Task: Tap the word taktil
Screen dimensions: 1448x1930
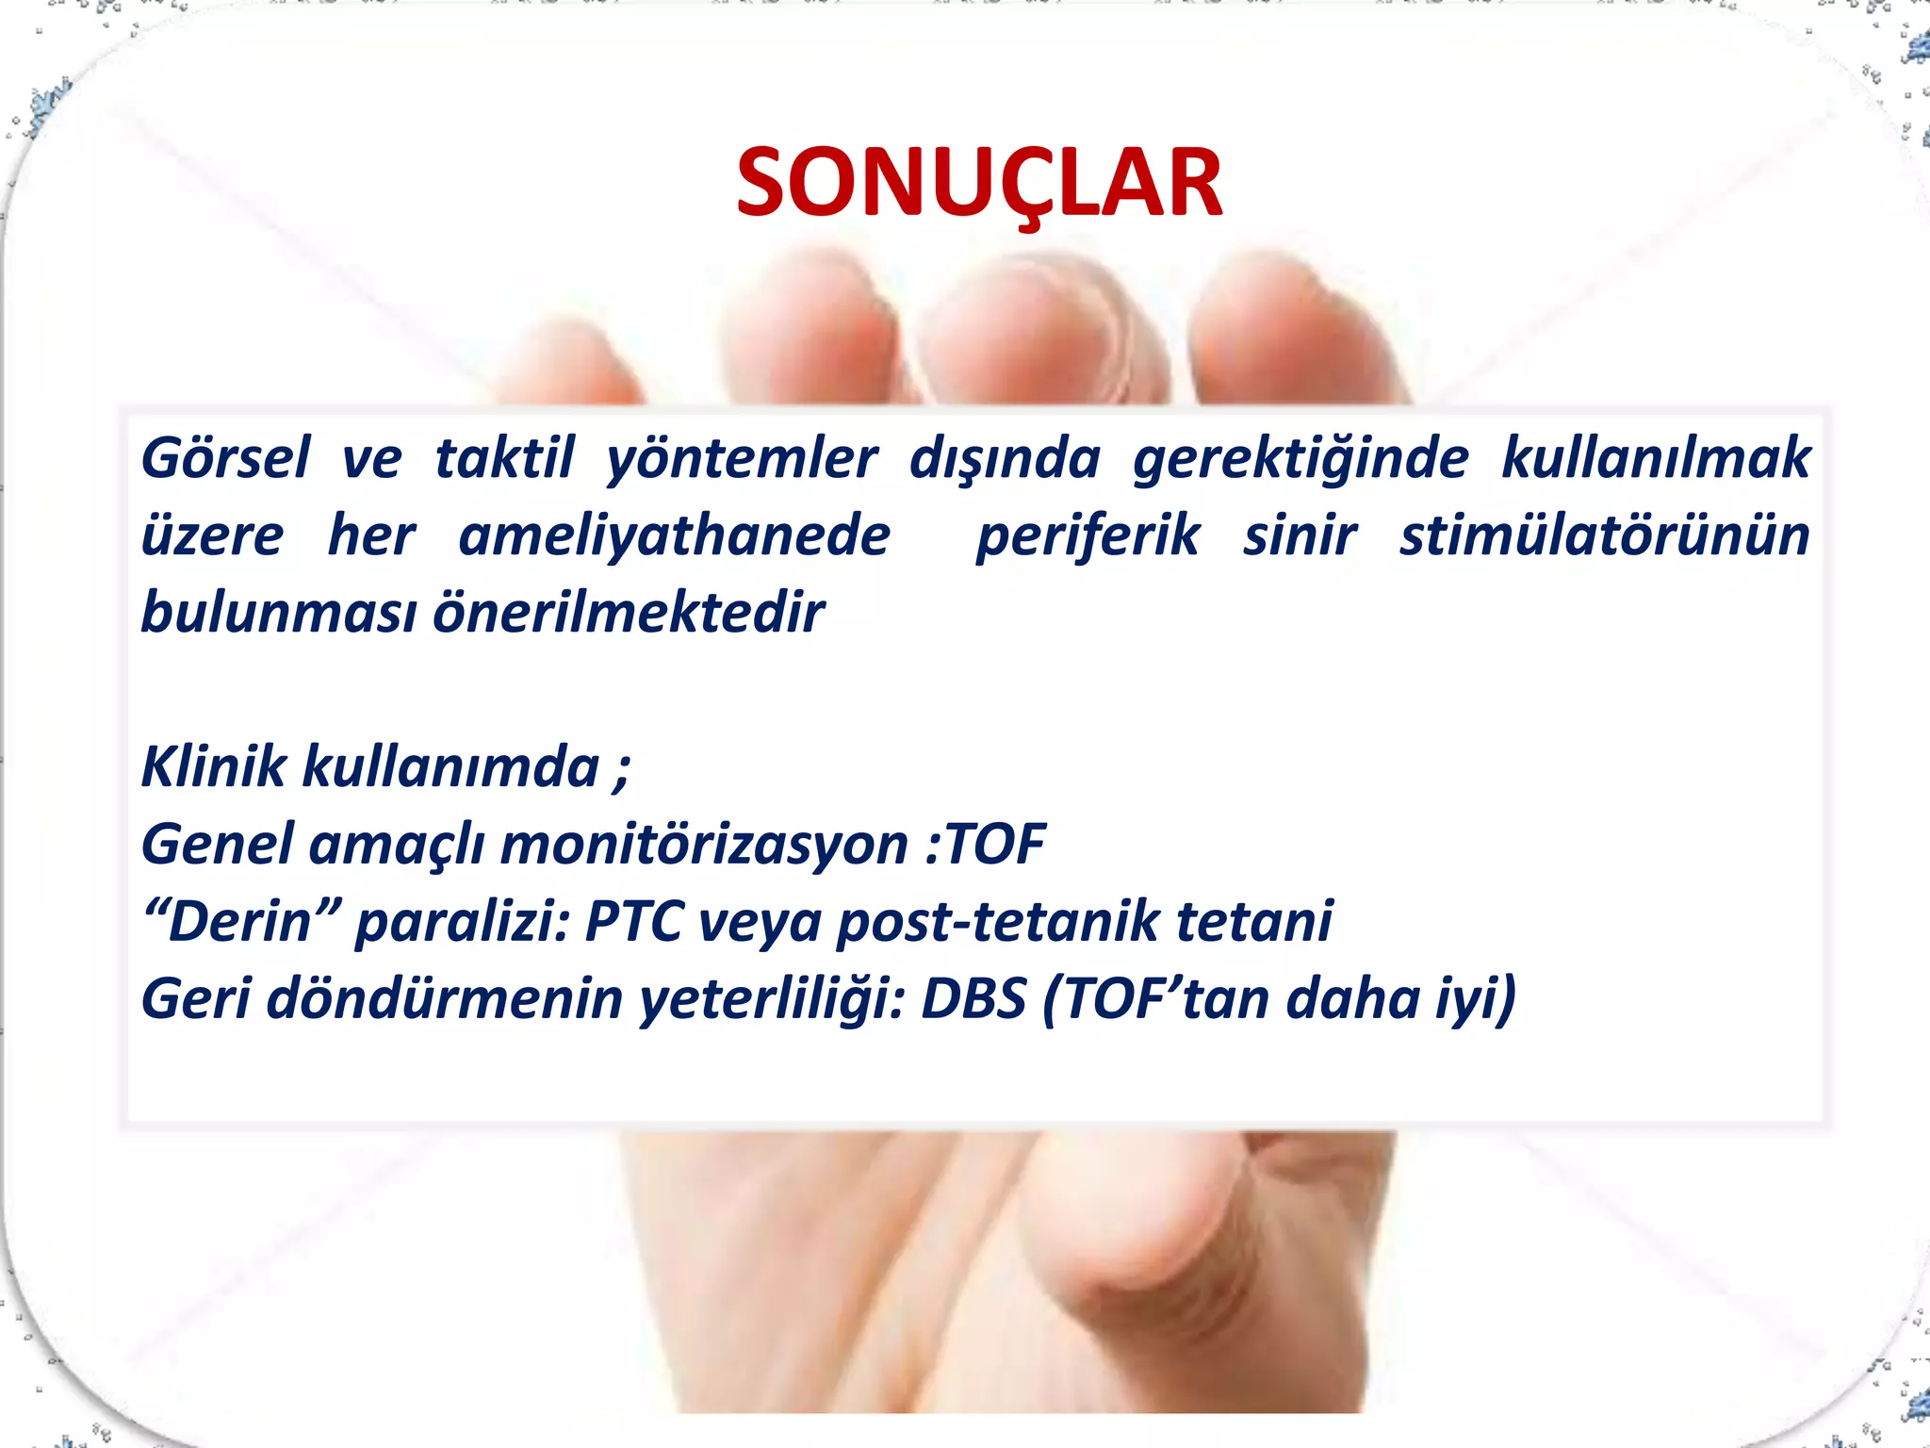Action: [x=504, y=459]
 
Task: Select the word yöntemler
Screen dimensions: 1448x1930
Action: [x=742, y=459]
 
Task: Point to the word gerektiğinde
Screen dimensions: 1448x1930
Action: [x=1300, y=459]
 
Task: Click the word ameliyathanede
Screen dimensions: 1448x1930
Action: [x=674, y=536]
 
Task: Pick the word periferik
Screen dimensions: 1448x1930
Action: [x=1088, y=536]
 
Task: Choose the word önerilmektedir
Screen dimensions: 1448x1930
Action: [x=629, y=614]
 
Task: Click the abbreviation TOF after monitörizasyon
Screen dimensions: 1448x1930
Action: [x=996, y=844]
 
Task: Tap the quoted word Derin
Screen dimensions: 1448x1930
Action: [x=240, y=921]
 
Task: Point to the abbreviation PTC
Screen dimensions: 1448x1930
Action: [x=632, y=921]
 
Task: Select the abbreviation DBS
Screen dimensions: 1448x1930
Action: [x=973, y=998]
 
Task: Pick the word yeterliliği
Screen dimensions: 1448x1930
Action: [x=771, y=998]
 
